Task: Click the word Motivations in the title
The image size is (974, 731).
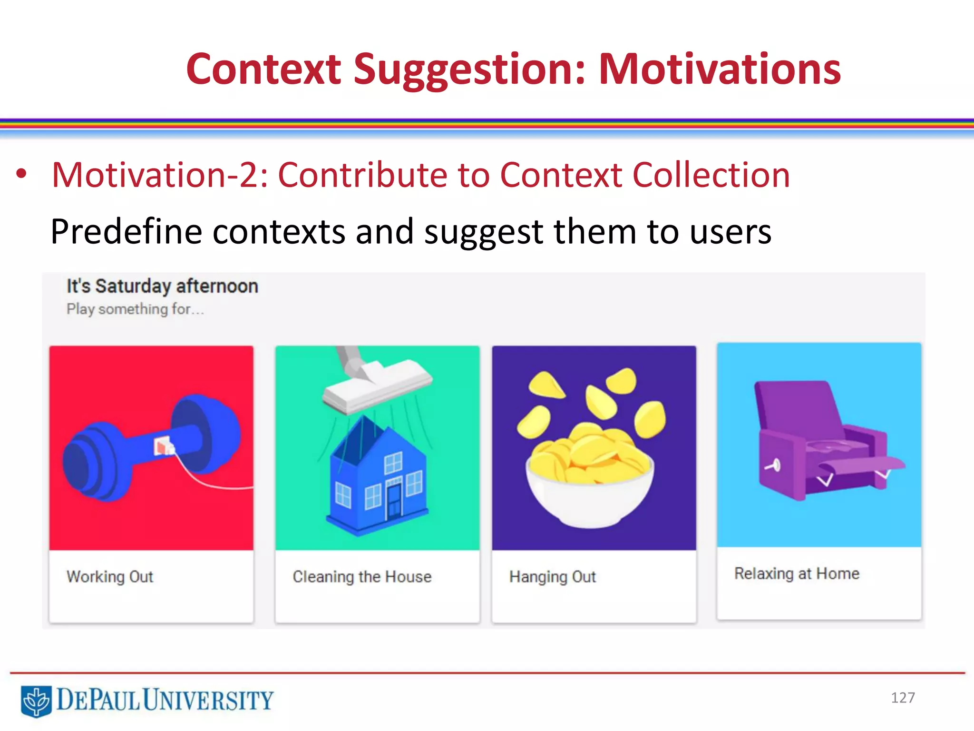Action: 719,69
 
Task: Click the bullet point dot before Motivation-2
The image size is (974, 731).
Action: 21,174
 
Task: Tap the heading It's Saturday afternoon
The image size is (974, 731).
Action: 162,286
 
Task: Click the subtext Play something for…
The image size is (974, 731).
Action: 135,309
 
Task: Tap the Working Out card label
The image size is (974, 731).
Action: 110,577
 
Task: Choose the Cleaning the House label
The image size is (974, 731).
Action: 362,577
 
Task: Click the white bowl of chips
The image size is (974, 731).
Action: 590,495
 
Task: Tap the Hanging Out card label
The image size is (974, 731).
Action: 552,577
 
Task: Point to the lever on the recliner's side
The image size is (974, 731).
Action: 773,465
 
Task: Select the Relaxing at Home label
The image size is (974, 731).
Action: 797,573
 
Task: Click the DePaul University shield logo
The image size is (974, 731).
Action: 36,701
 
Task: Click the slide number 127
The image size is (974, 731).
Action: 903,698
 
